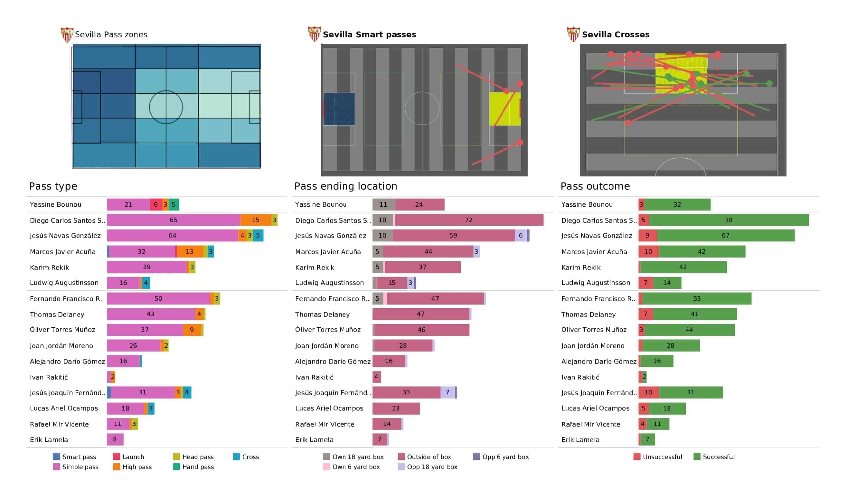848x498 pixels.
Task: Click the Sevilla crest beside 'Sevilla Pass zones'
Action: [67, 35]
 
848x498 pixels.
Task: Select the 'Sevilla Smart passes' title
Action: [369, 35]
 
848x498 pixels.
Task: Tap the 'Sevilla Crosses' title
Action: [615, 35]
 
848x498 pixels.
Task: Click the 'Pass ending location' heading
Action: [345, 186]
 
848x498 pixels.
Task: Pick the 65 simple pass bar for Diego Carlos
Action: [173, 220]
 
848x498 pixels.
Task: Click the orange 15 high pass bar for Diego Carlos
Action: [255, 220]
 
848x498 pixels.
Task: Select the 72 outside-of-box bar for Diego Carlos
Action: [469, 220]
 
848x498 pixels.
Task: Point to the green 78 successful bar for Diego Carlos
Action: [728, 220]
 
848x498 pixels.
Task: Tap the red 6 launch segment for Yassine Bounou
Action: [156, 204]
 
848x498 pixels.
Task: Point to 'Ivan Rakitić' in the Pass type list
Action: [49, 377]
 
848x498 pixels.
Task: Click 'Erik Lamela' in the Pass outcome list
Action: [580, 440]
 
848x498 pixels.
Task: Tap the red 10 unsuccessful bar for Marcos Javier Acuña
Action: [649, 251]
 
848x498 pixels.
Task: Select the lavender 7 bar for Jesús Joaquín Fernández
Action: [447, 392]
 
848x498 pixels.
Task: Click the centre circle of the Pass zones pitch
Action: [166, 107]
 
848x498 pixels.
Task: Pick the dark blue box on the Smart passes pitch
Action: [339, 109]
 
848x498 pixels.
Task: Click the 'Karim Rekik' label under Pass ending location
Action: [315, 267]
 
